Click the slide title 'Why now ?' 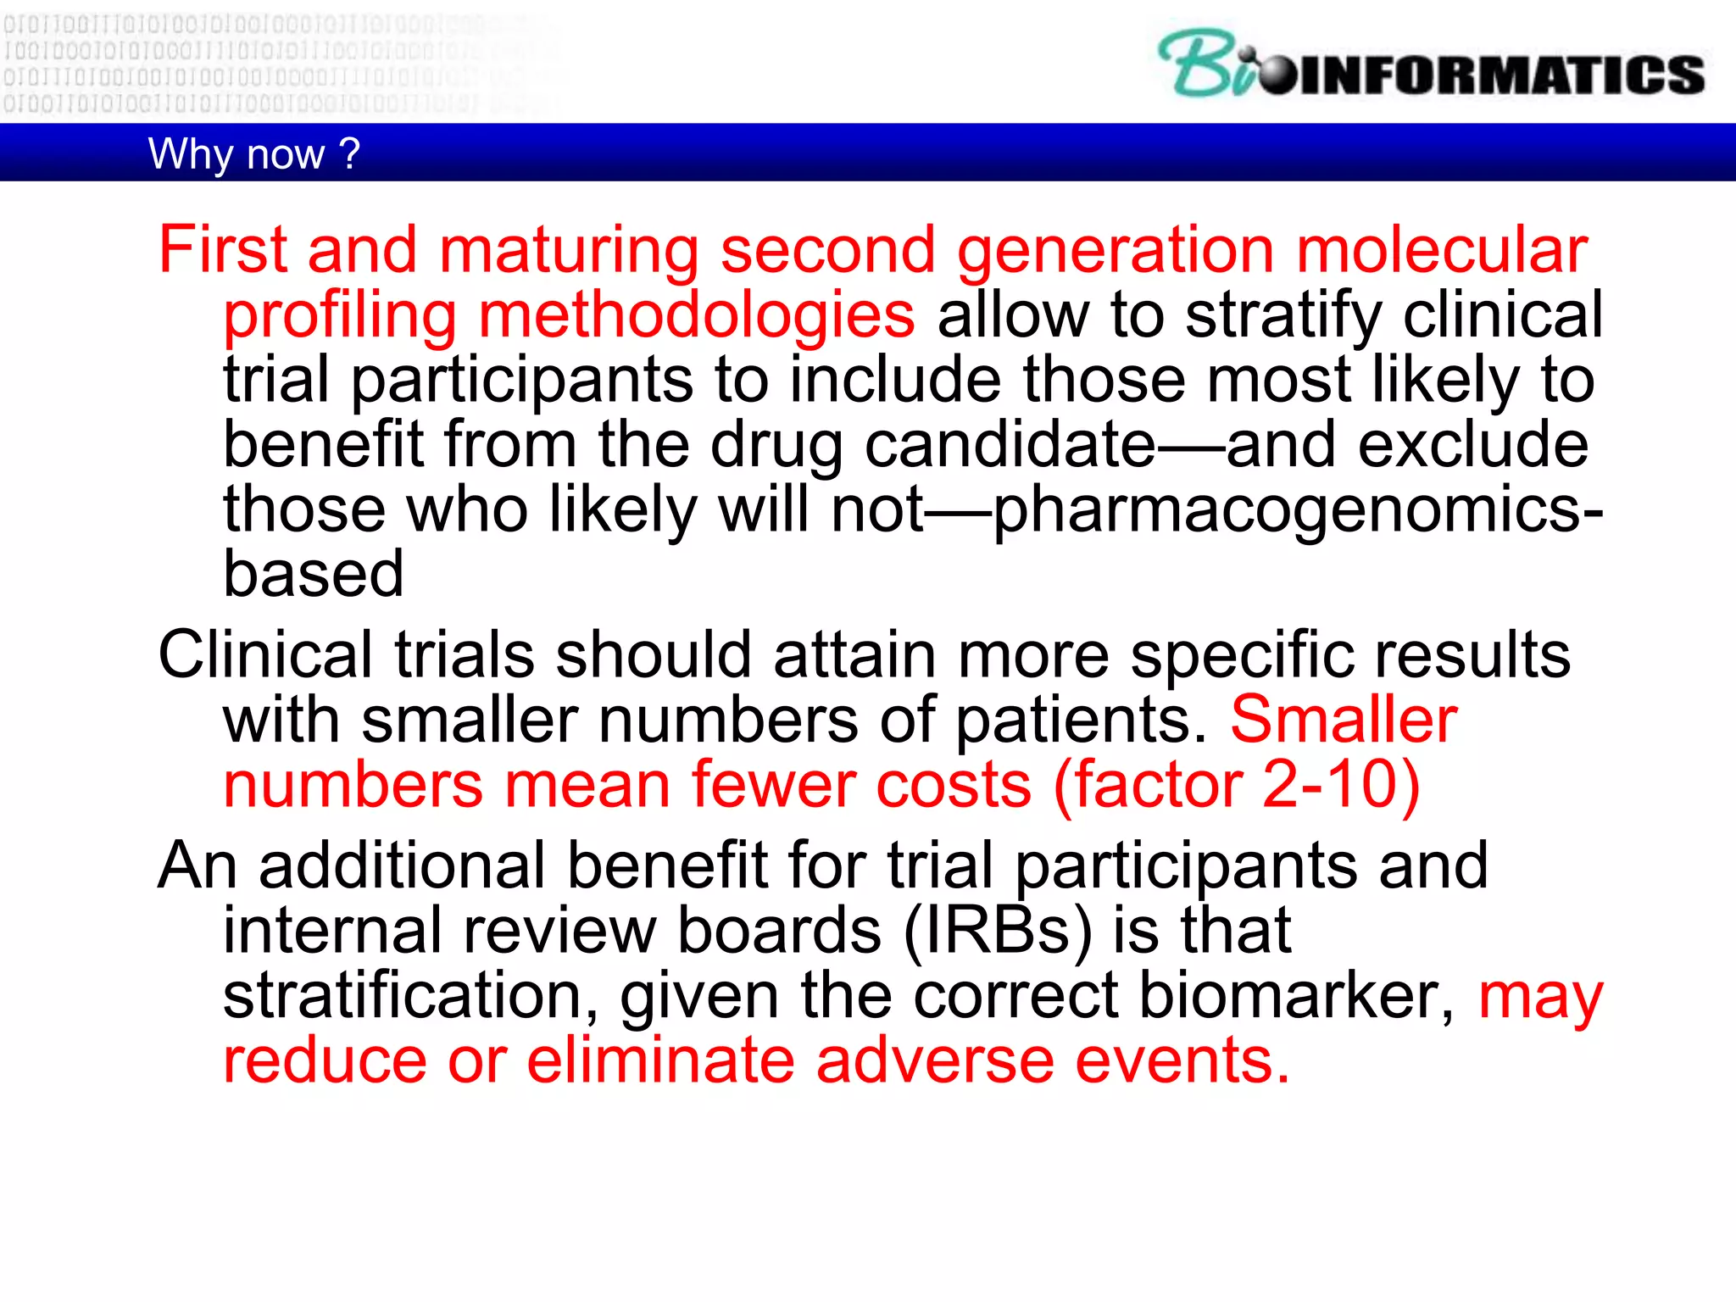coord(253,154)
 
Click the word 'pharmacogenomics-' coord(1298,510)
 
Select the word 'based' coord(313,574)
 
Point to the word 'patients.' coord(1082,720)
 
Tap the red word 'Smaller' coord(1344,720)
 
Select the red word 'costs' coord(954,784)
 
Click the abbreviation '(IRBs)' coord(999,931)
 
